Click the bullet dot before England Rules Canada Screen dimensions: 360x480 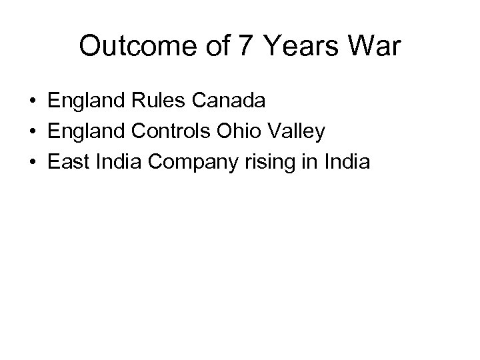click(x=33, y=102)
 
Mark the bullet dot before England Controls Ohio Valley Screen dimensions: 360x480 click(x=33, y=131)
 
